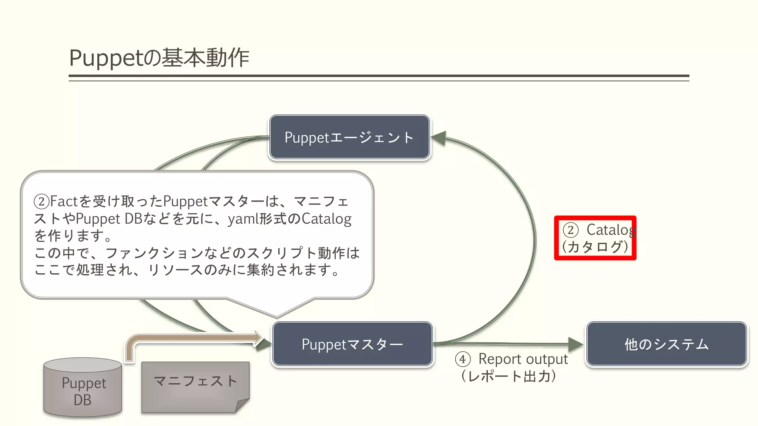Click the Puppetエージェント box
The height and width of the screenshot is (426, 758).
tap(349, 137)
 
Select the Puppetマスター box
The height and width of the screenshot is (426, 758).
tap(352, 344)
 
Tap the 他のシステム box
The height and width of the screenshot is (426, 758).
tap(666, 344)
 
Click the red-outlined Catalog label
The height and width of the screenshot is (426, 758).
tap(595, 238)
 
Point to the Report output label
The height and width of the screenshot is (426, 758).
tap(523, 359)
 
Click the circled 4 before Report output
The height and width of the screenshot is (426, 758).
tap(463, 359)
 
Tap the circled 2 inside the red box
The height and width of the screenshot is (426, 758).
tap(570, 230)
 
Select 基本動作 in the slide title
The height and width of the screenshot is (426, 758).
tap(205, 58)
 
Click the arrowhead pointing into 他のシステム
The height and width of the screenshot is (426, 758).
tap(576, 344)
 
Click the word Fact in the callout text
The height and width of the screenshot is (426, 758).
tap(64, 202)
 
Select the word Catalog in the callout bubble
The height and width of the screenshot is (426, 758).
tap(326, 219)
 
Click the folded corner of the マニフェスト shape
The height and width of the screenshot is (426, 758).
tap(243, 405)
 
